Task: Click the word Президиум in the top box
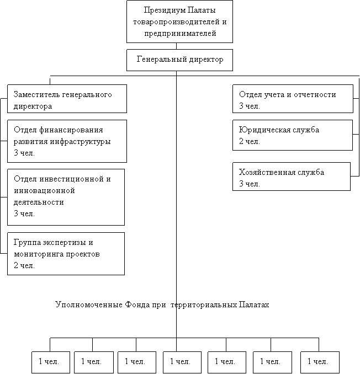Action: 165,10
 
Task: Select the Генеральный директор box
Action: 179,60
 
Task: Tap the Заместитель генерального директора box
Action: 67,99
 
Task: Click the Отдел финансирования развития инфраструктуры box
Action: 67,141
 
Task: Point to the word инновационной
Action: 44,190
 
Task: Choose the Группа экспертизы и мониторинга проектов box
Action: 66,254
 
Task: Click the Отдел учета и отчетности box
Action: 293,99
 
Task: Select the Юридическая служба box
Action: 293,135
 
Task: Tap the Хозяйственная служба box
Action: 292,177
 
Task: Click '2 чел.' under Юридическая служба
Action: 249,141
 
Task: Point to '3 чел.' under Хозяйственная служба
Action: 249,184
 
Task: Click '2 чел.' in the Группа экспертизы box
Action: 24,265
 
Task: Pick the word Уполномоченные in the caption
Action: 89,304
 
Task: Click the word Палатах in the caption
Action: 254,304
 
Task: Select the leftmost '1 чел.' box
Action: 51,362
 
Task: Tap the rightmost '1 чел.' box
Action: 320,362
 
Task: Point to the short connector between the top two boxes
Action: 177,46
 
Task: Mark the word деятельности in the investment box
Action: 39,202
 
